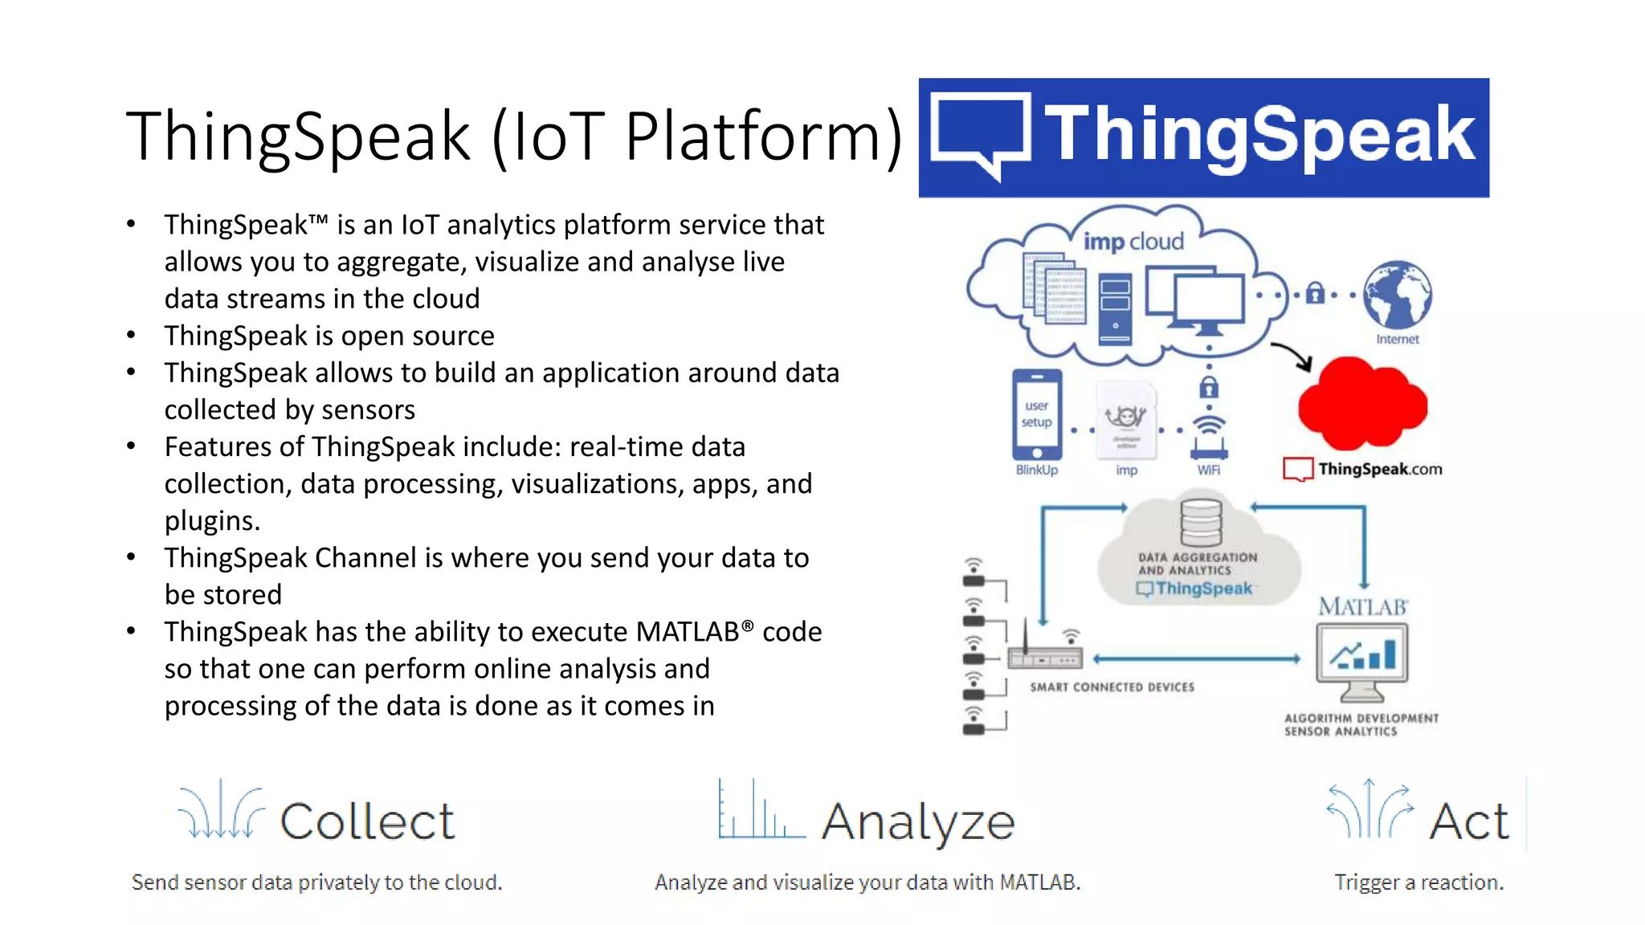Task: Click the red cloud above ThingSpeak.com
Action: [x=1362, y=405]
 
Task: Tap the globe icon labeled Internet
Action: [x=1398, y=294]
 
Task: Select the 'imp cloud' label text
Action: [x=1133, y=241]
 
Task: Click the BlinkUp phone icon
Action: [x=1036, y=414]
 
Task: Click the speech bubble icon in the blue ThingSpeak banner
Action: [x=982, y=133]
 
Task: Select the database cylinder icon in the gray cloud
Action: [x=1201, y=523]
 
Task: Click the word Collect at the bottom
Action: [x=367, y=821]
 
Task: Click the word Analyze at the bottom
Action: [x=918, y=822]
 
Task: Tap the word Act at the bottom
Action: [x=1469, y=821]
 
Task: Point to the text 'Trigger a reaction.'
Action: [x=1418, y=882]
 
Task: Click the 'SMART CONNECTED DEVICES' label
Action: [x=1112, y=687]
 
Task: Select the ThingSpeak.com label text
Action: [x=1379, y=469]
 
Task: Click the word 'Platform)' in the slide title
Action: [x=763, y=137]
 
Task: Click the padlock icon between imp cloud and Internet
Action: [x=1314, y=294]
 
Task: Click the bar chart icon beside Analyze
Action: [x=760, y=811]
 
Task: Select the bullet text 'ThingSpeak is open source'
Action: [x=329, y=336]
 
